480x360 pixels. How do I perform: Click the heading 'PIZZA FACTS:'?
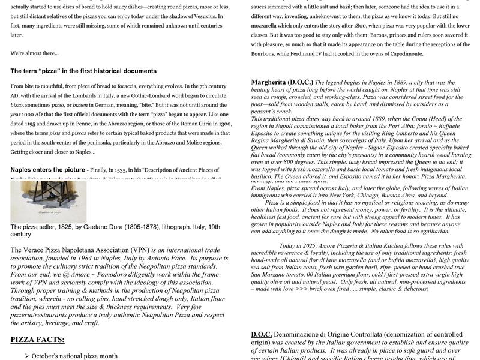coord(37,340)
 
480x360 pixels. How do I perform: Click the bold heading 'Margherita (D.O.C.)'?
coord(281,82)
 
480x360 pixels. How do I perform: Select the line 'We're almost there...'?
coord(35,53)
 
